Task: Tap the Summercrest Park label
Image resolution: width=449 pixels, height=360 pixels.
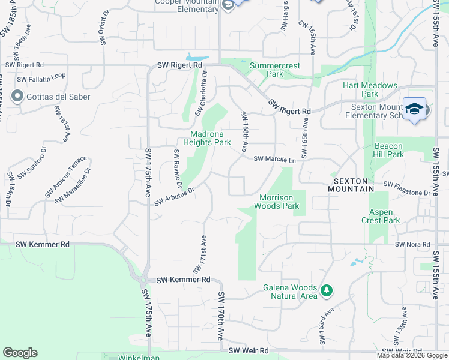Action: [274, 69]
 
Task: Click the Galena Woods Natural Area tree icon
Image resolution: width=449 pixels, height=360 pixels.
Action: [327, 291]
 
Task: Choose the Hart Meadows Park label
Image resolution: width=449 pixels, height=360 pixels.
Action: [370, 89]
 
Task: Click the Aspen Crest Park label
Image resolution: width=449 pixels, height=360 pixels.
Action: [381, 216]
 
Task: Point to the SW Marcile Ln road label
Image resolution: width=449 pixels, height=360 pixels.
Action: [275, 160]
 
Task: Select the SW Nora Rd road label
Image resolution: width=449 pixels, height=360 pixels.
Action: [413, 245]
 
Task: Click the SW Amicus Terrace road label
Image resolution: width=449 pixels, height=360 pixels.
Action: [66, 178]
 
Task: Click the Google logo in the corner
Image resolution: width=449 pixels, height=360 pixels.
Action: [20, 353]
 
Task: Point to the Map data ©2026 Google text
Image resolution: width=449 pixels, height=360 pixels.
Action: [412, 355]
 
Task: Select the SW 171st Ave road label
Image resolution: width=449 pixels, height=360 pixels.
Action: [199, 253]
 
